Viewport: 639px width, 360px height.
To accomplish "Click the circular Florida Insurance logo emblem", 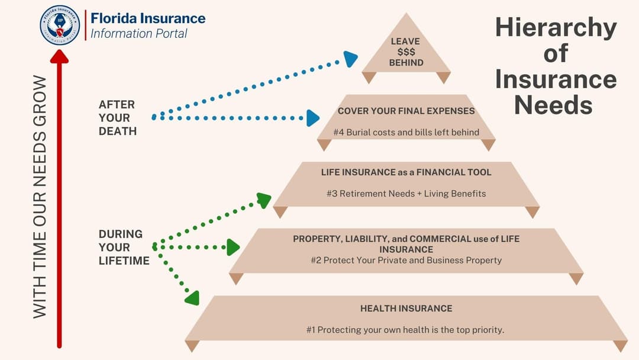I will [x=60, y=25].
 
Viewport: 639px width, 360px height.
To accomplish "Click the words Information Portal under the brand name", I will [x=138, y=34].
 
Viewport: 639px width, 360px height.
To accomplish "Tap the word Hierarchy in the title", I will [x=556, y=28].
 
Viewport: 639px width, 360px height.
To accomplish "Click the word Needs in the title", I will [x=553, y=105].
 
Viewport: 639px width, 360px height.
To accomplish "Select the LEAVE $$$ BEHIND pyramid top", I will [x=406, y=52].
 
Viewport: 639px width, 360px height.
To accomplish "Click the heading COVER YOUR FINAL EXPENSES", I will [x=406, y=111].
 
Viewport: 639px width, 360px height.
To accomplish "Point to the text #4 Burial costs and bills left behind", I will [x=406, y=132].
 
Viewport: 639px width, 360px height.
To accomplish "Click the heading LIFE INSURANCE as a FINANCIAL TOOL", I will [x=406, y=172].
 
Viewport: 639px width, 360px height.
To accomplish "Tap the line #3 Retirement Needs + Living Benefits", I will [x=406, y=194].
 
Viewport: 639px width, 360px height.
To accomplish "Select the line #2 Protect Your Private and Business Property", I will [x=406, y=260].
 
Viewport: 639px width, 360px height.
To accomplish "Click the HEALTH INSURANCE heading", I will [x=406, y=308].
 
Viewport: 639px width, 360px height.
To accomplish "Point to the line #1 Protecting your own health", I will [x=406, y=330].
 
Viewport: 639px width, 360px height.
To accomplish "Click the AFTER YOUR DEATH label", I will [x=117, y=117].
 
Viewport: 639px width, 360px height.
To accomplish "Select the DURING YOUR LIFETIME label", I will [x=123, y=247].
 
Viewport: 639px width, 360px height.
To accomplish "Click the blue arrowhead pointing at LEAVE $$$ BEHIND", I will [x=350, y=59].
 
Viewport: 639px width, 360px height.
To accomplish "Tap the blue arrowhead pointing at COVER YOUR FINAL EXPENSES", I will [x=312, y=118].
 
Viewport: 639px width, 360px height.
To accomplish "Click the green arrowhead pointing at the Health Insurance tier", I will [x=192, y=298].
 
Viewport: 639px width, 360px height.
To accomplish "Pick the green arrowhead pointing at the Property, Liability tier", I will [x=233, y=247].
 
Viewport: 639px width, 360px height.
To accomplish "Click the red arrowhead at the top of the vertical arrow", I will [x=59, y=56].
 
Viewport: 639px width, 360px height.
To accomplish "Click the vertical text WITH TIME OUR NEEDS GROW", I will [x=40, y=196].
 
